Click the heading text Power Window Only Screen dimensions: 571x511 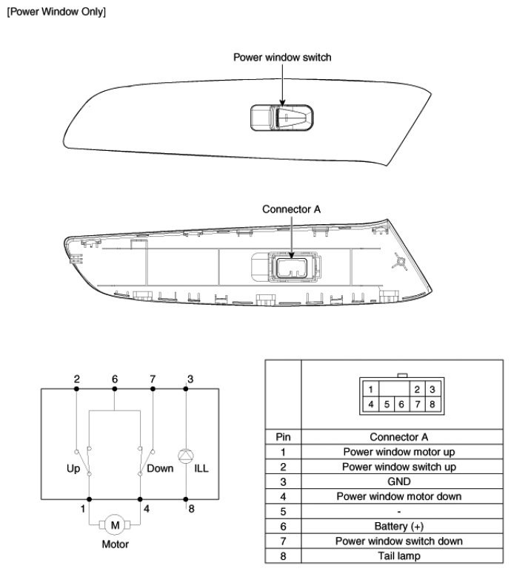point(56,13)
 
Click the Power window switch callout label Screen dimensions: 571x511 point(283,57)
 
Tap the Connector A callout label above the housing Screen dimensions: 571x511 point(292,209)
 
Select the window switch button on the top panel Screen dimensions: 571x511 point(282,119)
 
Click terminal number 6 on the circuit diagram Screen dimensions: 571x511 point(115,379)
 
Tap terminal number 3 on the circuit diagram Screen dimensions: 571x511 point(190,379)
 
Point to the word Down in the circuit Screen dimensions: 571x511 point(161,467)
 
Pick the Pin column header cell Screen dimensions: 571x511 point(281,437)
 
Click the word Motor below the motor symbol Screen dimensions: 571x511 point(115,544)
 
